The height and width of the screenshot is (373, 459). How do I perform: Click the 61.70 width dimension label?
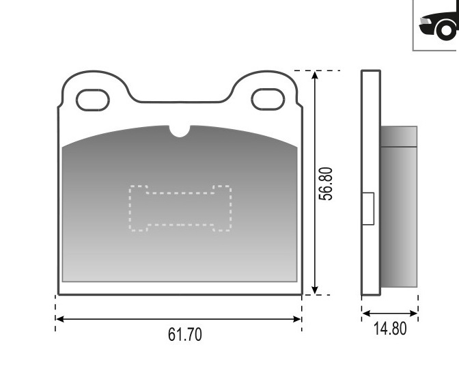[184, 334]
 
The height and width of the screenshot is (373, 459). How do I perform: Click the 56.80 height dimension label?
[326, 184]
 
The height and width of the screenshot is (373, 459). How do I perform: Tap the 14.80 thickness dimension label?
[390, 329]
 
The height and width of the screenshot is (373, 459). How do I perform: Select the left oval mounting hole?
[92, 100]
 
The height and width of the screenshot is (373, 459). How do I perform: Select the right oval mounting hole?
[268, 100]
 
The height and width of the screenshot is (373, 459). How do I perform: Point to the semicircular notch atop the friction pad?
[180, 131]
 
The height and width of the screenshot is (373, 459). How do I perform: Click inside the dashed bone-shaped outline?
[180, 208]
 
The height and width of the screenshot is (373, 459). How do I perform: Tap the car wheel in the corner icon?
[446, 30]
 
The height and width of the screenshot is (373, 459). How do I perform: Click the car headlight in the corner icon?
[425, 21]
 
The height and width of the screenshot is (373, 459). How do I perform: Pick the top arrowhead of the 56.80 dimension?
[315, 75]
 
